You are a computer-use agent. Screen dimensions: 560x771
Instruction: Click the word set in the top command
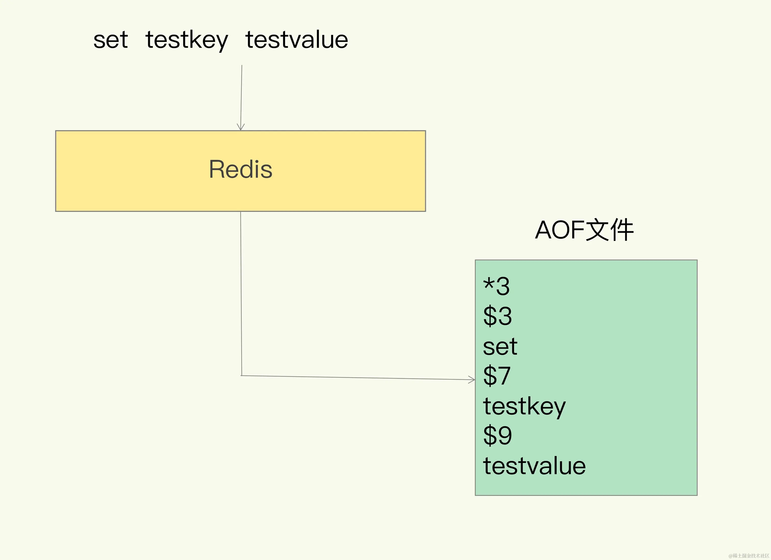(110, 40)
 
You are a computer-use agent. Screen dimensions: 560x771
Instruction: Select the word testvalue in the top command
(297, 40)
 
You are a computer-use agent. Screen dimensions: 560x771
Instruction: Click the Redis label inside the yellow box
(240, 169)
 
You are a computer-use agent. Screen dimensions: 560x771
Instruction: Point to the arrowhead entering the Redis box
(241, 128)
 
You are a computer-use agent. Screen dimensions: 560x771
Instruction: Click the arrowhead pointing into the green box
(472, 380)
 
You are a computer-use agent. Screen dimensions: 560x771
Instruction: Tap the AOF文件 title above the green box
(584, 230)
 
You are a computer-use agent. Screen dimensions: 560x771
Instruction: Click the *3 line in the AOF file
(496, 286)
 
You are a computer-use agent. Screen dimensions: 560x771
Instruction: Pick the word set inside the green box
(500, 347)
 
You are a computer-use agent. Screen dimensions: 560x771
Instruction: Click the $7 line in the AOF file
(497, 376)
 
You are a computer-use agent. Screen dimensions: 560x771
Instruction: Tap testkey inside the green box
(524, 406)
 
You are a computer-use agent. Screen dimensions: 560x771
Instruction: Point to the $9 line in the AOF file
(497, 436)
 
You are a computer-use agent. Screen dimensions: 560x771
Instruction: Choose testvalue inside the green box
(534, 466)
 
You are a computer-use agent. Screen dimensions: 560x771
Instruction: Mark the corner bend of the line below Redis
(242, 375)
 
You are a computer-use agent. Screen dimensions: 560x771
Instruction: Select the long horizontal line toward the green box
(357, 378)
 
